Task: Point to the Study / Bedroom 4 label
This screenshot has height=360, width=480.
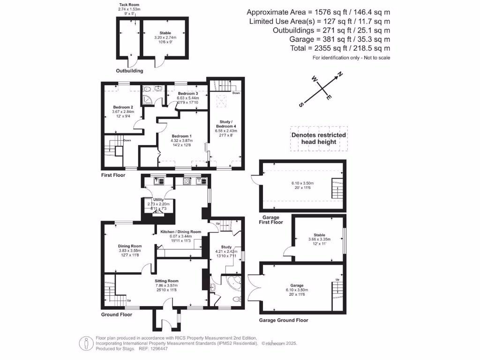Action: pyautogui.click(x=226, y=124)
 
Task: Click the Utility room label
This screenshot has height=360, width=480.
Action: pyautogui.click(x=155, y=199)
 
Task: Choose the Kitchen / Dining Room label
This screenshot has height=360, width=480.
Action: pyautogui.click(x=180, y=232)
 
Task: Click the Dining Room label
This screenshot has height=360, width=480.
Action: pyautogui.click(x=129, y=246)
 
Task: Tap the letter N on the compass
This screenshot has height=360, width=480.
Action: pyautogui.click(x=341, y=74)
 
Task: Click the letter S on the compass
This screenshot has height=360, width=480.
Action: pyautogui.click(x=306, y=103)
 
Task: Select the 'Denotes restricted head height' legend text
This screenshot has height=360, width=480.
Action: pyautogui.click(x=319, y=138)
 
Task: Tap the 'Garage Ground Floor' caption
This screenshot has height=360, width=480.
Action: pyautogui.click(x=284, y=320)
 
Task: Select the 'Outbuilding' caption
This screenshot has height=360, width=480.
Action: pyautogui.click(x=129, y=71)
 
